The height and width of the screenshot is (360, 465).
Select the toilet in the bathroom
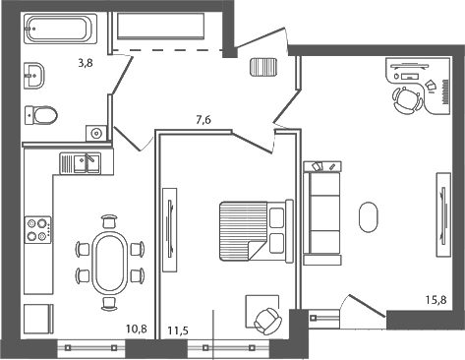click(x=41, y=115)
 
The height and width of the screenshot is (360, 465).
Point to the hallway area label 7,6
click(x=203, y=120)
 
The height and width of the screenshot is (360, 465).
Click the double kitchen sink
click(x=80, y=162)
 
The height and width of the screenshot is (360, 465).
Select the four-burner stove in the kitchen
click(x=38, y=229)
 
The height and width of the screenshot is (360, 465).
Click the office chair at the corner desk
click(x=405, y=98)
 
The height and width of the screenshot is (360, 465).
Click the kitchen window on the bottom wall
click(x=87, y=345)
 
